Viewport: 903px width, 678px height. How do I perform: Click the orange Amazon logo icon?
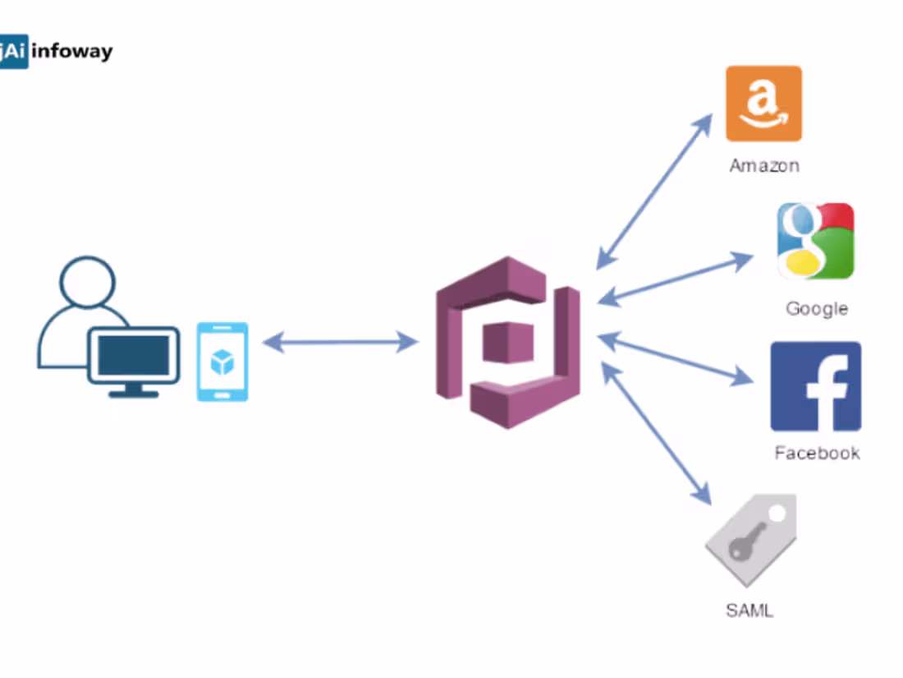[763, 104]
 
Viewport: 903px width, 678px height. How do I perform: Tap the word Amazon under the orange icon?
[763, 165]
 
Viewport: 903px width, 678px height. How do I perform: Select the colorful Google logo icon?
[815, 241]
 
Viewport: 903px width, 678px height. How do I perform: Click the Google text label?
[816, 308]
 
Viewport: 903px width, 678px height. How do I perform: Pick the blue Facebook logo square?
[815, 386]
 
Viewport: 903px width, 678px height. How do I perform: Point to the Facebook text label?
[817, 453]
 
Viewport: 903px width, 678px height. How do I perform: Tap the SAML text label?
[749, 610]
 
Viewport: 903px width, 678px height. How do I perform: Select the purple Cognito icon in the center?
[508, 342]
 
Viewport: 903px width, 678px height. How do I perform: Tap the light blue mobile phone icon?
[222, 362]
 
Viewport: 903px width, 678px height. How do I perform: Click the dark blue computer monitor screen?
[134, 354]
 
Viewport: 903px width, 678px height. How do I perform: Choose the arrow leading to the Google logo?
[675, 280]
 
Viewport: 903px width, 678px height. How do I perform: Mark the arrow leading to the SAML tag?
[656, 433]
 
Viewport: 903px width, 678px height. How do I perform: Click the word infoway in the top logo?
[71, 52]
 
